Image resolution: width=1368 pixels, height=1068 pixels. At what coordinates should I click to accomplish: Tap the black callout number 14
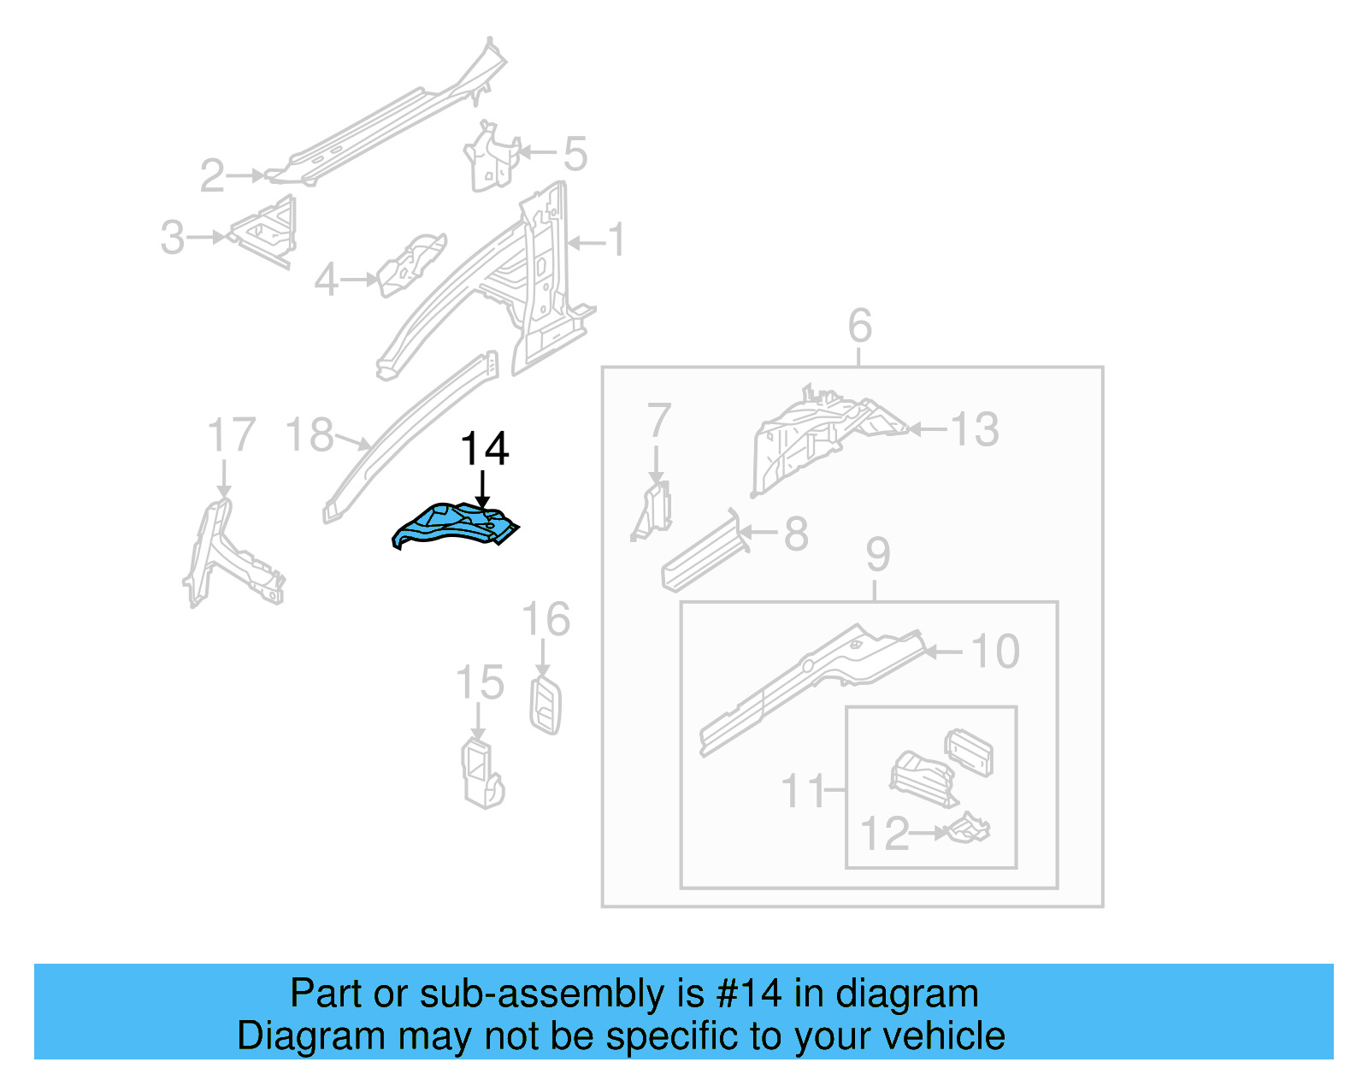pyautogui.click(x=485, y=449)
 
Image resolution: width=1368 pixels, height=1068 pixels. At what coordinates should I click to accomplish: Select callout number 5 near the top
pyautogui.click(x=575, y=154)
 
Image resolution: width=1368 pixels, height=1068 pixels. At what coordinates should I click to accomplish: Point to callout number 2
pyautogui.click(x=212, y=176)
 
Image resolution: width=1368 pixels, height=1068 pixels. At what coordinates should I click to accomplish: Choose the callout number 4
pyautogui.click(x=326, y=280)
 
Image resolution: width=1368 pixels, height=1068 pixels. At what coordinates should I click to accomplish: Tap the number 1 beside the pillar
pyautogui.click(x=616, y=240)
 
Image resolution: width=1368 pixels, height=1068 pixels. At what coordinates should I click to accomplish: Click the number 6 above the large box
pyautogui.click(x=859, y=326)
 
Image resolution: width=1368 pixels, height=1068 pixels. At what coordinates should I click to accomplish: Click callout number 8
pyautogui.click(x=796, y=534)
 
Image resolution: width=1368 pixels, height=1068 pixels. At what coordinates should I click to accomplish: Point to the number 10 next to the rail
pyautogui.click(x=996, y=652)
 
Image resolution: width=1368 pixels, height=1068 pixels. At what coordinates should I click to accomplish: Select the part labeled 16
pyautogui.click(x=545, y=705)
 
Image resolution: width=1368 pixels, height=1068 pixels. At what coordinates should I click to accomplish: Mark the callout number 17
pyautogui.click(x=232, y=435)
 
